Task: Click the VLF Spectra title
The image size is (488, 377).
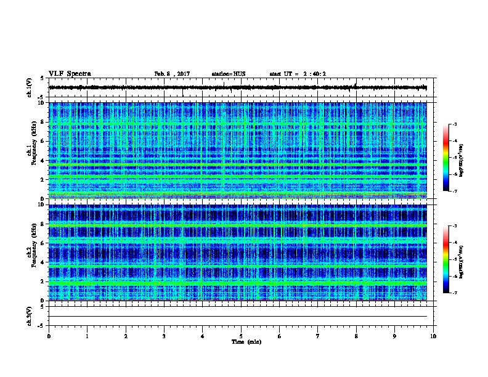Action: tap(70, 73)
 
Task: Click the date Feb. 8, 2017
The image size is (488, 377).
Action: tap(172, 74)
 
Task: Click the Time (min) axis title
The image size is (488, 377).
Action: tap(241, 341)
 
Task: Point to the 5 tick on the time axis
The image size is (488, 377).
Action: tap(241, 336)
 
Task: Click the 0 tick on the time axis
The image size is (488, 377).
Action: tap(49, 336)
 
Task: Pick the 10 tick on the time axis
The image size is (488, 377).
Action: tap(434, 336)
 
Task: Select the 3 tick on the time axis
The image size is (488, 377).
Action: tap(164, 336)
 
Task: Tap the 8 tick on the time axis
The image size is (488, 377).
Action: tap(357, 336)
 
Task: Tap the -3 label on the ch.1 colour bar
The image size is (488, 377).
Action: tap(455, 125)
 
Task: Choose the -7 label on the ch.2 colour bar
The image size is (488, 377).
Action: tap(455, 293)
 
